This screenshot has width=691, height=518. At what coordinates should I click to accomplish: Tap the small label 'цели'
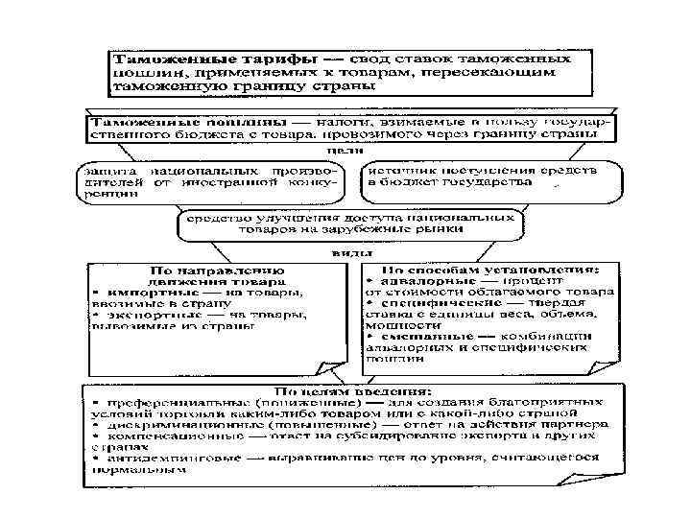pyautogui.click(x=338, y=151)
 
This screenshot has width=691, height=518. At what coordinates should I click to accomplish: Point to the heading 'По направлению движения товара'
pyautogui.click(x=216, y=275)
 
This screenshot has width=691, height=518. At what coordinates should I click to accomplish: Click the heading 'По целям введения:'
pyautogui.click(x=338, y=391)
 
